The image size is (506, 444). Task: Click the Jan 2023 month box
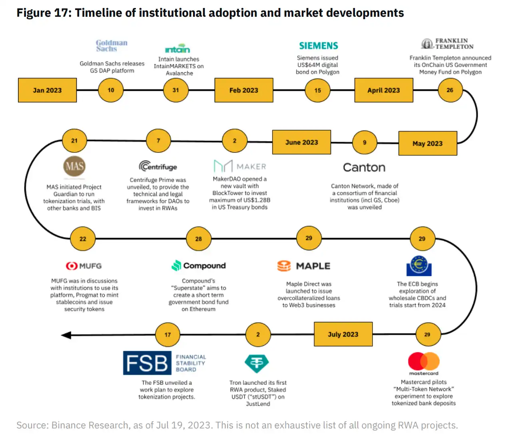(47, 90)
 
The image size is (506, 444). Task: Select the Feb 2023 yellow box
(244, 90)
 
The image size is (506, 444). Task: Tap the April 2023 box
(383, 90)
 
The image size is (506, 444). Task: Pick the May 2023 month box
(427, 143)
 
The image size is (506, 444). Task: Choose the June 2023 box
(301, 142)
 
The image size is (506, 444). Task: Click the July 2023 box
(343, 334)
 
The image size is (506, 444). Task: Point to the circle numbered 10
(111, 90)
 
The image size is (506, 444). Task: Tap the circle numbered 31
(176, 90)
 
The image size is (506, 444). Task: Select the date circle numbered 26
(450, 90)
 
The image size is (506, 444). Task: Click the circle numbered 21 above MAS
(74, 141)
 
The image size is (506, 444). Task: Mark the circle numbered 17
(167, 335)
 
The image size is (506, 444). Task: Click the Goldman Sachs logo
(112, 46)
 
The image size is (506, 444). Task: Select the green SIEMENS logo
(319, 46)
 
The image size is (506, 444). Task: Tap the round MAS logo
(74, 166)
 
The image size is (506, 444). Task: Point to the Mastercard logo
(424, 362)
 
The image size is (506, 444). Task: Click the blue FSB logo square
(147, 363)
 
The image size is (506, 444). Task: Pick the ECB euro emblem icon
(419, 266)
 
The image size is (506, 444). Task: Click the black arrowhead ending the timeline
(66, 335)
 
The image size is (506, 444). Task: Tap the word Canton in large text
(364, 167)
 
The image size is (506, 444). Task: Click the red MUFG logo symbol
(72, 266)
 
